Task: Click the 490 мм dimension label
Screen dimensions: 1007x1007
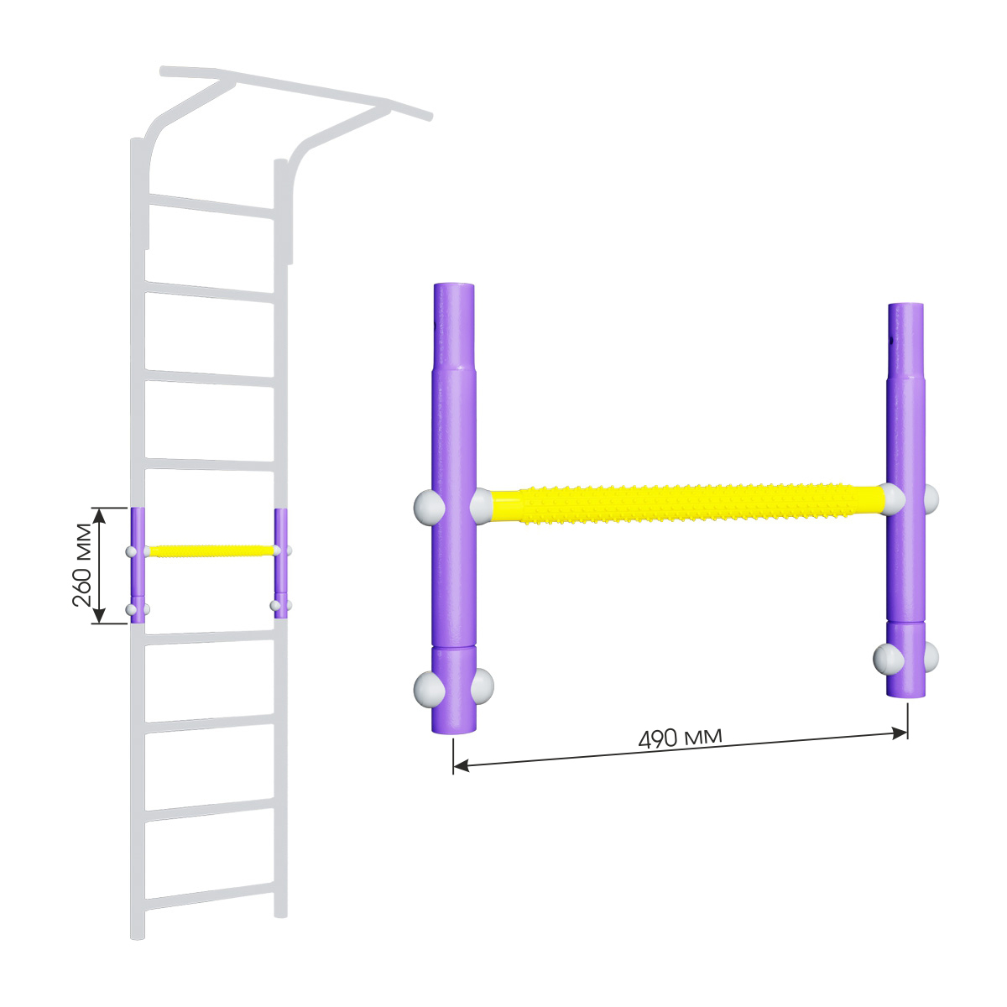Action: [x=681, y=737]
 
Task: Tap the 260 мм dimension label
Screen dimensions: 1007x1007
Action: [x=82, y=565]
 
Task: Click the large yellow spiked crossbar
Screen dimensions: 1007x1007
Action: [x=687, y=505]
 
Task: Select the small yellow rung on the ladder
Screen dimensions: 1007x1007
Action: [x=211, y=550]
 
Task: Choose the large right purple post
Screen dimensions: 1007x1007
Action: [x=906, y=499]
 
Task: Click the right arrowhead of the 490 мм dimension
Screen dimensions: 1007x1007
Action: [x=900, y=733]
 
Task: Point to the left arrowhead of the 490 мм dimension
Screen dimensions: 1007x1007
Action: [x=461, y=766]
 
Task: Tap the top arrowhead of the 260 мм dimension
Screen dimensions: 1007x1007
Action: [x=101, y=515]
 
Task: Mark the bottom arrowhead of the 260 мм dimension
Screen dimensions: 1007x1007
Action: [x=101, y=615]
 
